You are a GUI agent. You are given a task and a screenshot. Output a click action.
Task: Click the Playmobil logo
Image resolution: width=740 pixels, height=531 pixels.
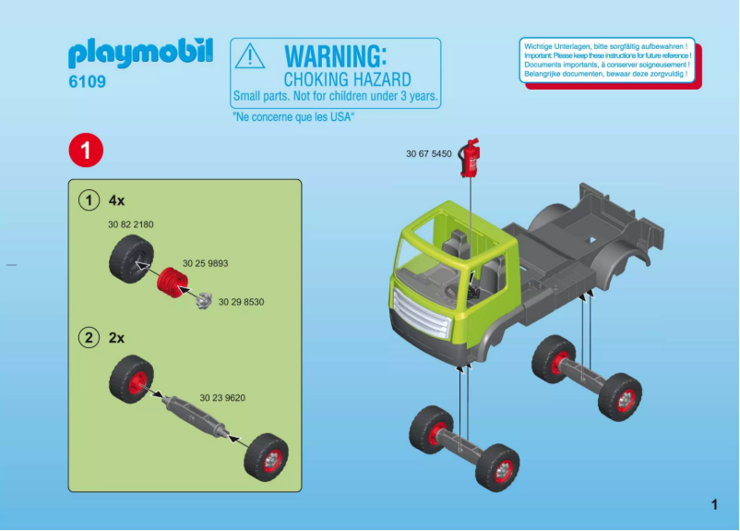[x=140, y=54]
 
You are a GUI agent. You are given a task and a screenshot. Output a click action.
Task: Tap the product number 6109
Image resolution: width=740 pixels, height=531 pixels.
[x=87, y=82]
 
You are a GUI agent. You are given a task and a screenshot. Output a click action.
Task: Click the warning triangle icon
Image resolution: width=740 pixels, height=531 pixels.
[x=250, y=57]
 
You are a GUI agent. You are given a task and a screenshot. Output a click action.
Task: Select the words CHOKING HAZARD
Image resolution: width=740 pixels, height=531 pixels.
[x=347, y=80]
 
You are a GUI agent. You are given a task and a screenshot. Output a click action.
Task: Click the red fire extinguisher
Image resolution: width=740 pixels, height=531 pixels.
[x=471, y=158]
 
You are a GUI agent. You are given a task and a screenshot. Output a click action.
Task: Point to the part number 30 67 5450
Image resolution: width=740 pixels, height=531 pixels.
[x=428, y=154]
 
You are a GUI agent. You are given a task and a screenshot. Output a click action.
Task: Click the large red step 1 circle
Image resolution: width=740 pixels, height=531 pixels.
[x=85, y=151]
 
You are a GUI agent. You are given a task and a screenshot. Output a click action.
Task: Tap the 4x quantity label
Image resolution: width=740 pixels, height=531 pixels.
[x=116, y=199]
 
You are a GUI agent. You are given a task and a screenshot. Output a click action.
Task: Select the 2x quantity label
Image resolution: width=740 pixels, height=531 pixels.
[x=116, y=338]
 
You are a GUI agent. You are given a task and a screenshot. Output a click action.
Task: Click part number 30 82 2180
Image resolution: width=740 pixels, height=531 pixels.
[x=130, y=224]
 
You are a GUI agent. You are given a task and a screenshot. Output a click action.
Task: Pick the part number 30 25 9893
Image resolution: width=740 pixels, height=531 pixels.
[x=205, y=263]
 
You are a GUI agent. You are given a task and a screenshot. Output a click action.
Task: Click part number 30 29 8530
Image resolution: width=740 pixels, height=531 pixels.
[x=241, y=302]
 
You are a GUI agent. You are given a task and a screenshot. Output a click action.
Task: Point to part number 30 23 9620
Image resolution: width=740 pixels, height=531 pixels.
[x=222, y=398]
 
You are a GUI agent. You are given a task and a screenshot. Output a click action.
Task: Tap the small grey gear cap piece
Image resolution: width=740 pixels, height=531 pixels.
[x=204, y=299]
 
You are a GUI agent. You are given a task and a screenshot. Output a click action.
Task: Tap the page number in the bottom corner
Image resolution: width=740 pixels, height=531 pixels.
[x=713, y=504]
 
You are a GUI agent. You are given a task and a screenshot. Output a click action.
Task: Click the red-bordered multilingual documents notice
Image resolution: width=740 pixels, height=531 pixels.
[x=606, y=60]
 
